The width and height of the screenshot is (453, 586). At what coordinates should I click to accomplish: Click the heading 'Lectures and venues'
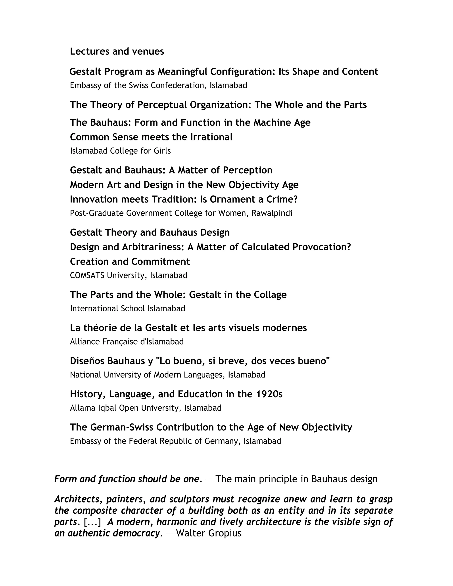coord(117,51)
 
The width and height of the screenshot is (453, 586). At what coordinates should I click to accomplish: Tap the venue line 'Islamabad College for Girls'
coord(120,151)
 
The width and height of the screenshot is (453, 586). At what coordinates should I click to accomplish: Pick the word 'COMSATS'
coord(87,275)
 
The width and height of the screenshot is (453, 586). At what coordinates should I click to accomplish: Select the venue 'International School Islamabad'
coord(127,308)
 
